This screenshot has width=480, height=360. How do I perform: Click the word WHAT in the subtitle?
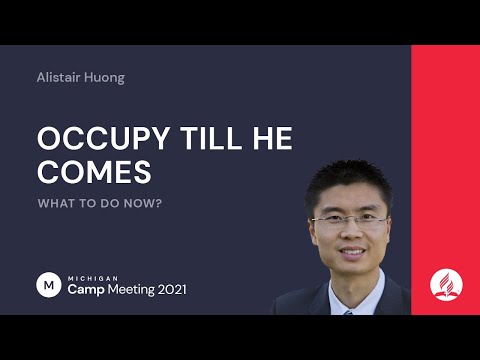click(54, 203)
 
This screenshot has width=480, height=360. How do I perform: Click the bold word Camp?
click(85, 289)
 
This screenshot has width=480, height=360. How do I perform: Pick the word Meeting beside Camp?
click(132, 289)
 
